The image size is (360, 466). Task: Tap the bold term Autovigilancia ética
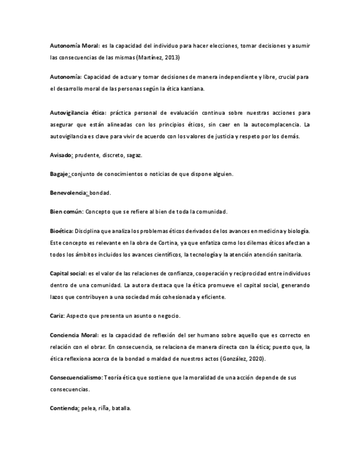[77, 113]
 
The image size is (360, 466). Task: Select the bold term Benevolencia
[69, 193]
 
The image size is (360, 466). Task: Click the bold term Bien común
[67, 212]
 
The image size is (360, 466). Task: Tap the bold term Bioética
[61, 231]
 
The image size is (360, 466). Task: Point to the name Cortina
[162, 242]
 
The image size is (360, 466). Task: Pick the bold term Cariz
[57, 316]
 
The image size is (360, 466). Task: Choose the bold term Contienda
[64, 409]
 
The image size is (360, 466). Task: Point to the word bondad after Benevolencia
[101, 193]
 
